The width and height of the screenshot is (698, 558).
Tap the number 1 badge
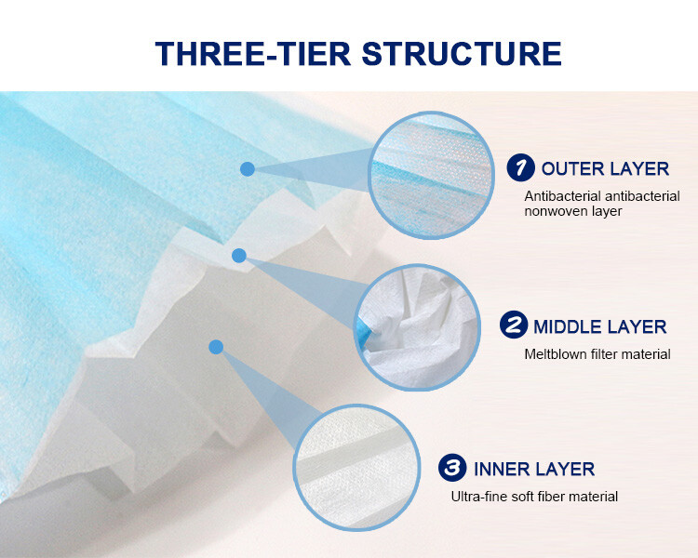[x=520, y=167]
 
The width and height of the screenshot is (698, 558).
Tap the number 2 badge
[x=513, y=325]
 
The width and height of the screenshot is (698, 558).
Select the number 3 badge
[x=453, y=467]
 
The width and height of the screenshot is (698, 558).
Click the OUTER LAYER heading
[x=605, y=168]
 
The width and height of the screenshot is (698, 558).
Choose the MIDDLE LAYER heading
[x=599, y=326]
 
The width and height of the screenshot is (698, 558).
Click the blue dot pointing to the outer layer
[x=248, y=168]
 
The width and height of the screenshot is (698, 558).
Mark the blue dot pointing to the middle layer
[x=239, y=255]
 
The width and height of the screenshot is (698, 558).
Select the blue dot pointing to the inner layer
[x=216, y=347]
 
